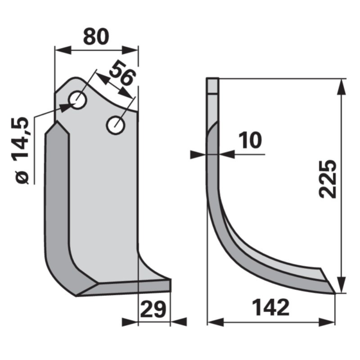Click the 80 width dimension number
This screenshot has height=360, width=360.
click(x=96, y=37)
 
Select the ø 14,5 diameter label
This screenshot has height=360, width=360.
click(x=23, y=151)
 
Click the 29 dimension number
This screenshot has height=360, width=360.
click(x=152, y=309)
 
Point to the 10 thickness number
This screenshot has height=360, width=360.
click(x=250, y=140)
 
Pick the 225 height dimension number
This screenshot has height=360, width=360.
click(x=328, y=179)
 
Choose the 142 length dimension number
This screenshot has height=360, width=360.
click(x=271, y=308)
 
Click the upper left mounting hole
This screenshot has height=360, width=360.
click(x=78, y=100)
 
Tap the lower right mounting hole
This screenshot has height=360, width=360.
click(x=116, y=125)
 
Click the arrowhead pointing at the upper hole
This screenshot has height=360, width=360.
click(x=67, y=107)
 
